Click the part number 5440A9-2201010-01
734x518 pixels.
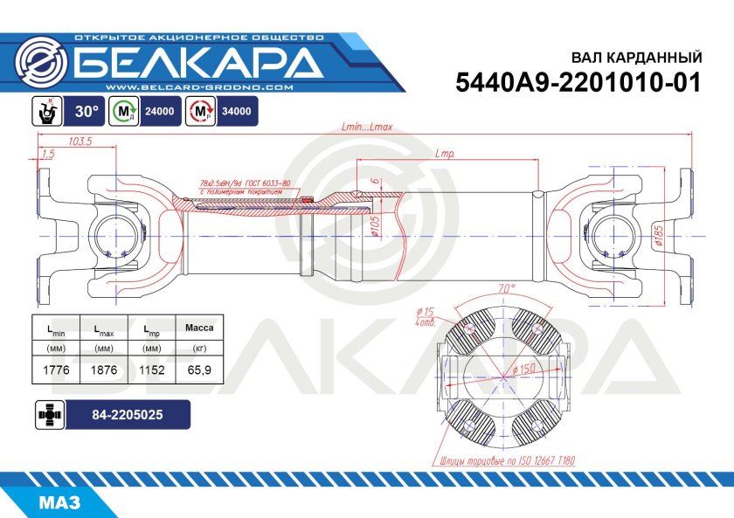pyautogui.click(x=579, y=83)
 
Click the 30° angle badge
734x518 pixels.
pyautogui.click(x=86, y=112)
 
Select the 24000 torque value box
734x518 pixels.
pyautogui.click(x=160, y=112)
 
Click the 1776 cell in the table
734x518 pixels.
pyautogui.click(x=55, y=370)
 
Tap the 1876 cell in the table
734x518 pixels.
pyautogui.click(x=104, y=370)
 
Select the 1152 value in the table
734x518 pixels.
pyautogui.click(x=151, y=370)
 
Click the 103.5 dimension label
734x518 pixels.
pyautogui.click(x=80, y=142)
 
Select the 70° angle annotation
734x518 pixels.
pyautogui.click(x=506, y=287)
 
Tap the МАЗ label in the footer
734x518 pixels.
pyautogui.click(x=59, y=503)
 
